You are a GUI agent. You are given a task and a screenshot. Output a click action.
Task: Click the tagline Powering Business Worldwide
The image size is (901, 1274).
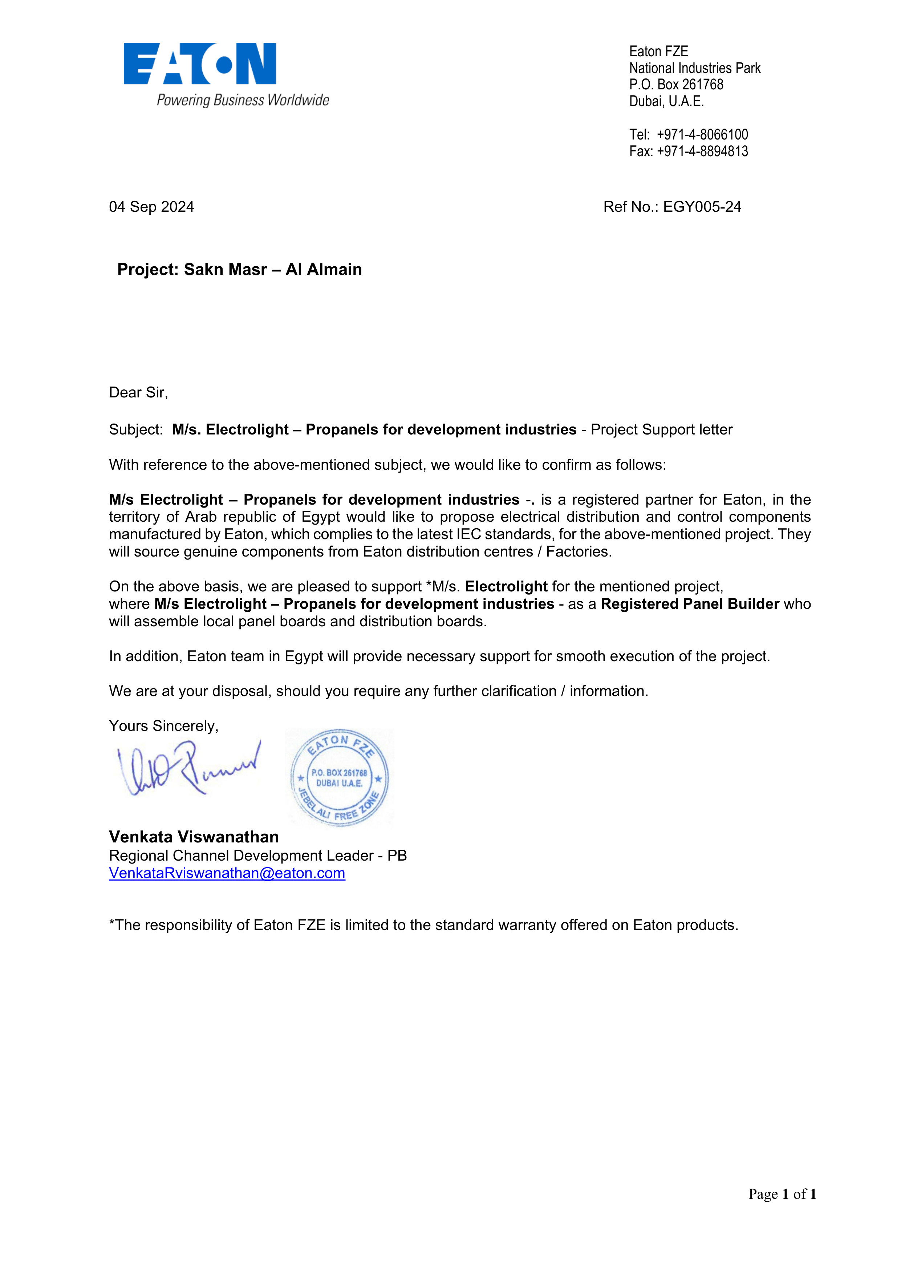click(x=243, y=100)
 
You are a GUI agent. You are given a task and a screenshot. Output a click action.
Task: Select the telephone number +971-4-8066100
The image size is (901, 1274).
click(x=702, y=135)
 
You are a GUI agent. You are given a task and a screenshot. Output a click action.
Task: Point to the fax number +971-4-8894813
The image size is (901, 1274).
click(x=702, y=151)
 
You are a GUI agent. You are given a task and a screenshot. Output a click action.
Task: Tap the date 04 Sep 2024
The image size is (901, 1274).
click(x=151, y=207)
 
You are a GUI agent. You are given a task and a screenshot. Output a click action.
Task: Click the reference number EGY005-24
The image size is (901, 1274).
click(x=702, y=207)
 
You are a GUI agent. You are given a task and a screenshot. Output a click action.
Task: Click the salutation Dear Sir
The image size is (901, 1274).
click(x=138, y=393)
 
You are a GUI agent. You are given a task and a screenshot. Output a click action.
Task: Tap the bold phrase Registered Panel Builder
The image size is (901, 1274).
click(x=690, y=604)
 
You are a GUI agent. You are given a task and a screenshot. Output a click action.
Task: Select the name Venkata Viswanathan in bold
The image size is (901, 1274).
click(x=194, y=837)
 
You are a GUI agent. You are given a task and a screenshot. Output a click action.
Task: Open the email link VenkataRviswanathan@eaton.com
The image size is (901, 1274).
click(x=227, y=873)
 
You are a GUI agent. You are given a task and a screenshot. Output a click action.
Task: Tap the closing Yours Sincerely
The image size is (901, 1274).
click(x=164, y=726)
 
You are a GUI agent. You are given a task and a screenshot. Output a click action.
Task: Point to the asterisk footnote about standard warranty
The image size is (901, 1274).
click(x=423, y=925)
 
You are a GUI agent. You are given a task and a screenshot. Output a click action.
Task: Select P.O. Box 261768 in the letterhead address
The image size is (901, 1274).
click(x=676, y=85)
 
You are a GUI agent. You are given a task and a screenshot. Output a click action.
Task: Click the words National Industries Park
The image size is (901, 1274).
click(x=695, y=68)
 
